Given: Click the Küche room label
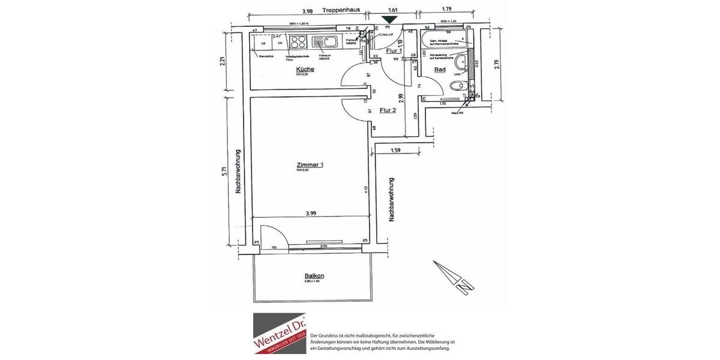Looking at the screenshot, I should coord(305,70).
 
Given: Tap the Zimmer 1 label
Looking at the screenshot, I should coord(310,165).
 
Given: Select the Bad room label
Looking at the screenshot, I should coord(440,70).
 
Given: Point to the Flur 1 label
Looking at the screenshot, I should coord(394,52).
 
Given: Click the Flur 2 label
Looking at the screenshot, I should coord(388,110).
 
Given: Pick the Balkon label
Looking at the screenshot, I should coord(314,276).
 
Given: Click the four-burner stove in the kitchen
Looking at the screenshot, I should coord(298,42).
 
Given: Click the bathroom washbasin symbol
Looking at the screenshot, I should coord(461,62).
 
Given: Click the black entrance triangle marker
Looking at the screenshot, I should coord(389,20).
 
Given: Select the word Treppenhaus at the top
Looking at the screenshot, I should coord(340,10).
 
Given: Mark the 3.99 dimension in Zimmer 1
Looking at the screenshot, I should coord(311,212).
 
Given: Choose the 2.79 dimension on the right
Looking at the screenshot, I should coord(496,64).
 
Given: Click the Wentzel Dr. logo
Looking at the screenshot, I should coord(279,333).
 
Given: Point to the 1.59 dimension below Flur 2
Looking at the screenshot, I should coord(395,151).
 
